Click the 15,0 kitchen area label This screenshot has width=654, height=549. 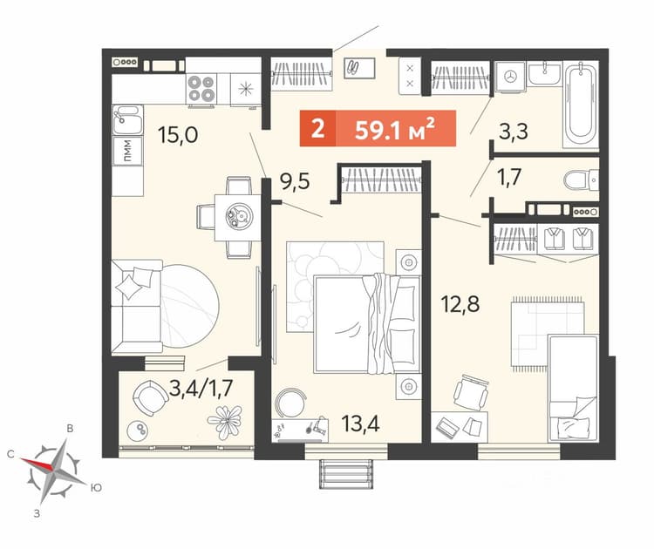(178, 135)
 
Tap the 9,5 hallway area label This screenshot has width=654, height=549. (295, 181)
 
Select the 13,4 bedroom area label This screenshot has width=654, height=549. (360, 424)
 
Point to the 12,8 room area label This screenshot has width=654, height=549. (460, 304)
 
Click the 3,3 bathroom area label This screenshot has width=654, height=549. (514, 132)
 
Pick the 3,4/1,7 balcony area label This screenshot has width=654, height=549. (201, 389)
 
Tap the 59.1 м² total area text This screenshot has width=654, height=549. (394, 128)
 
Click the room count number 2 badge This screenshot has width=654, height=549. (317, 128)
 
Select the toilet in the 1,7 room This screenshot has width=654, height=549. (581, 180)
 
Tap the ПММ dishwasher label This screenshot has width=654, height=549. (127, 150)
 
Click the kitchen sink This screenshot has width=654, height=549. (127, 119)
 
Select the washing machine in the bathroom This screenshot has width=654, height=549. (510, 77)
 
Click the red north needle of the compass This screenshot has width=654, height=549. (37, 464)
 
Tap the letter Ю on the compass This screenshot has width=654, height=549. (96, 487)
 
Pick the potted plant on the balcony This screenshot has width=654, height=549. (225, 422)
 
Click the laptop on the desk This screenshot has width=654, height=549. (447, 427)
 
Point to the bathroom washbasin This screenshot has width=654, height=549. (544, 74)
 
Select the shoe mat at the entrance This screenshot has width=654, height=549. (359, 68)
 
